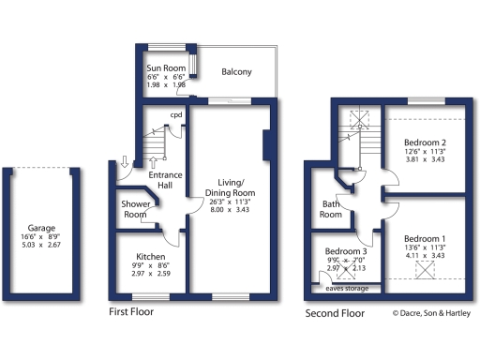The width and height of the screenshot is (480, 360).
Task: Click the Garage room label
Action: coord(41,228)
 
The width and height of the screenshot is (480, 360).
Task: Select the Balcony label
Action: coord(236,71)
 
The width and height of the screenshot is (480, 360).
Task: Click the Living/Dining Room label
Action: coord(231,187)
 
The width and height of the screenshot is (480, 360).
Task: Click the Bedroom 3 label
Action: coord(347,251)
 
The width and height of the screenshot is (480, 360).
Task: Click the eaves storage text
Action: coord(347,288)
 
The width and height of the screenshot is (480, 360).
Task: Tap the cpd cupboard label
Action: coord(175,116)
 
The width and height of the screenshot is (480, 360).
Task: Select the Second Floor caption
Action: coord(335,312)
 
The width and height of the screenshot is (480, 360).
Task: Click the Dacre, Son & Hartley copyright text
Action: coord(432,312)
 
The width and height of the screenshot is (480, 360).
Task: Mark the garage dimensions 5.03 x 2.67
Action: coord(41,245)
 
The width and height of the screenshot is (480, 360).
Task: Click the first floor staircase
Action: coord(153,145)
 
